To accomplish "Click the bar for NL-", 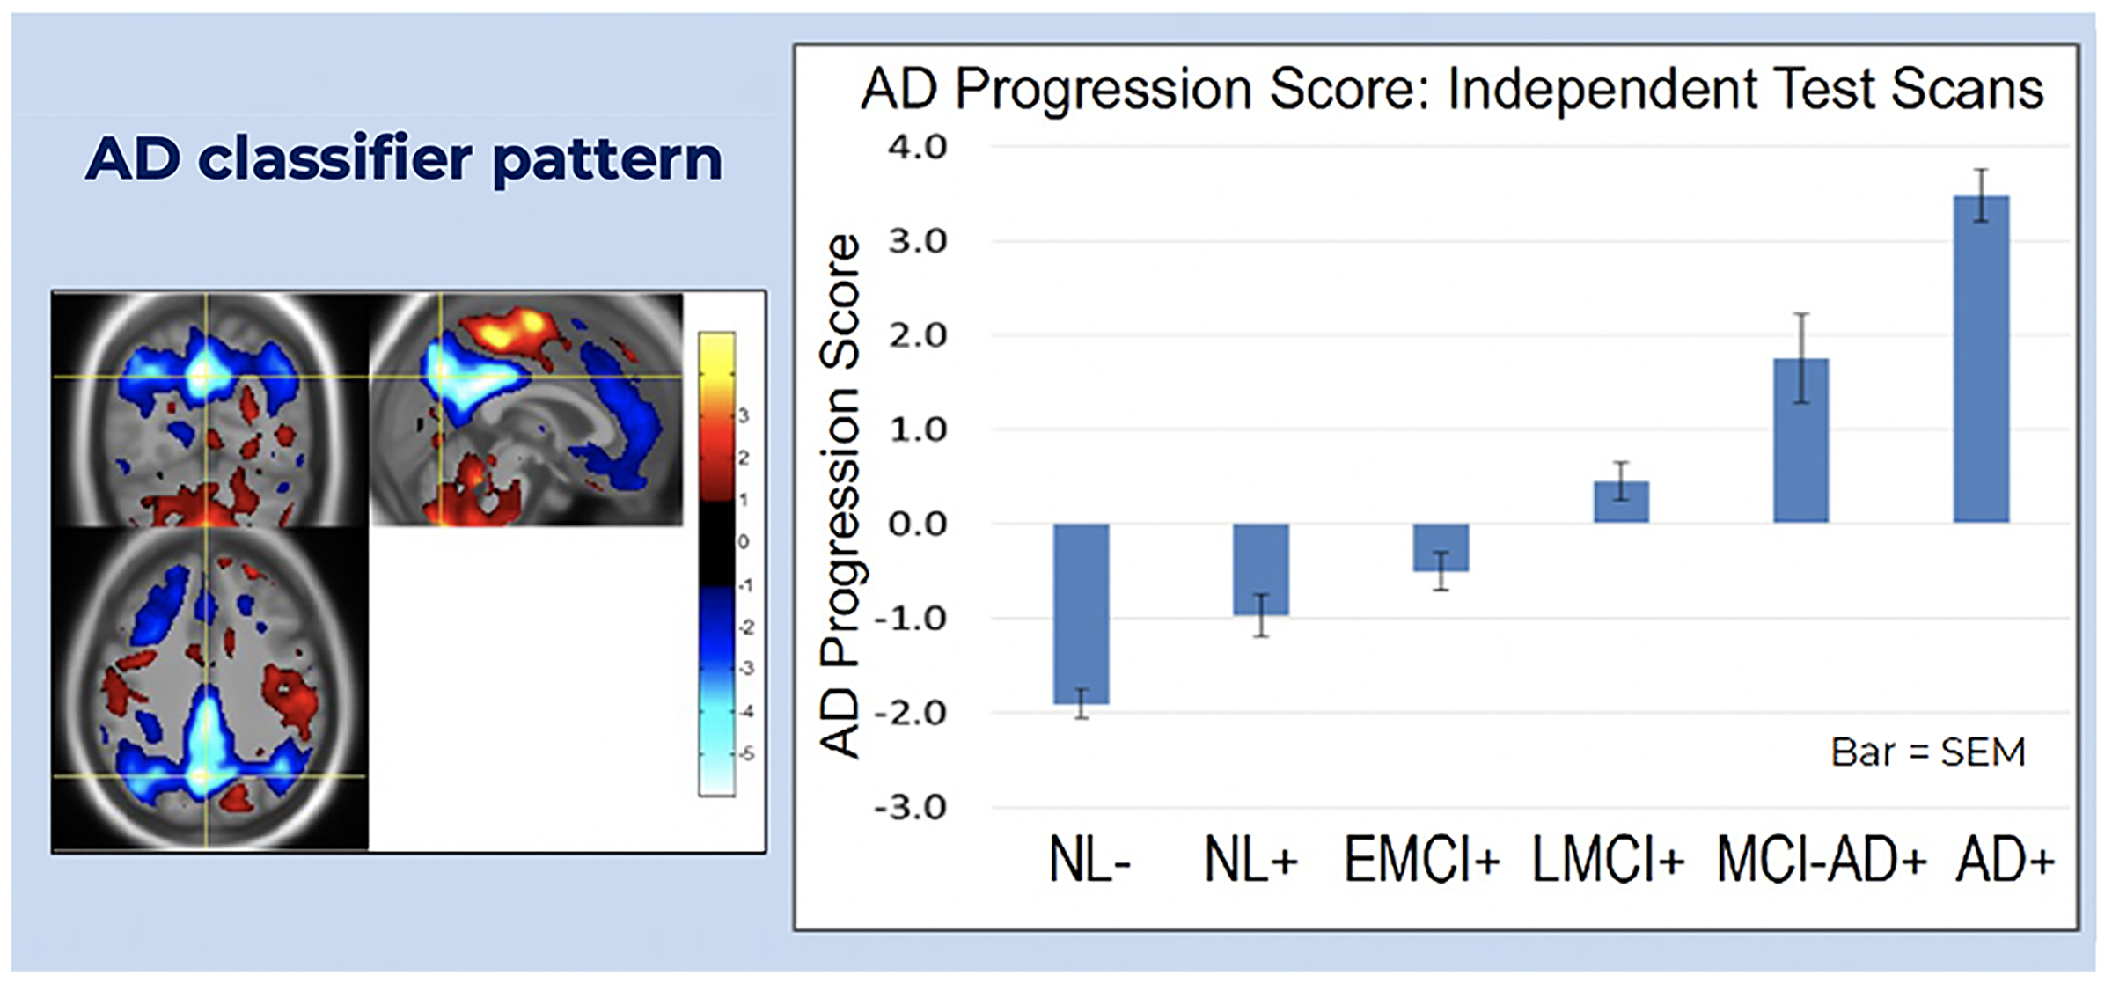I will [1082, 613].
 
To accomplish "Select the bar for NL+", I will [1260, 569].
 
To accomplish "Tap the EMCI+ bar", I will [1441, 547].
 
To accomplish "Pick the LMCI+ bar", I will [1621, 502].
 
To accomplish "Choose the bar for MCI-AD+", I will [1800, 441].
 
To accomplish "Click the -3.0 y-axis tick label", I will [910, 807].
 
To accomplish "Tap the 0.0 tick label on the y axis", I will [917, 525].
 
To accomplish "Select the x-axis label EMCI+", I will [1422, 860].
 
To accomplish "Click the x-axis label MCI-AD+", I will [1821, 860].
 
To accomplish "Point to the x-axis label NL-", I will [1089, 860].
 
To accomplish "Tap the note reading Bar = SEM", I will [1928, 752].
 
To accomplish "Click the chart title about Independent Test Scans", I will [1451, 89].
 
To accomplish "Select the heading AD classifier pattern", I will [404, 159].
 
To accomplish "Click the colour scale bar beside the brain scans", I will [717, 564].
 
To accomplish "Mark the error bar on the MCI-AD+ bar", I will [1801, 358].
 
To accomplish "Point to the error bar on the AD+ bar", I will [1981, 195].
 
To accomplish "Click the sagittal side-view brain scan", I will [526, 409].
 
